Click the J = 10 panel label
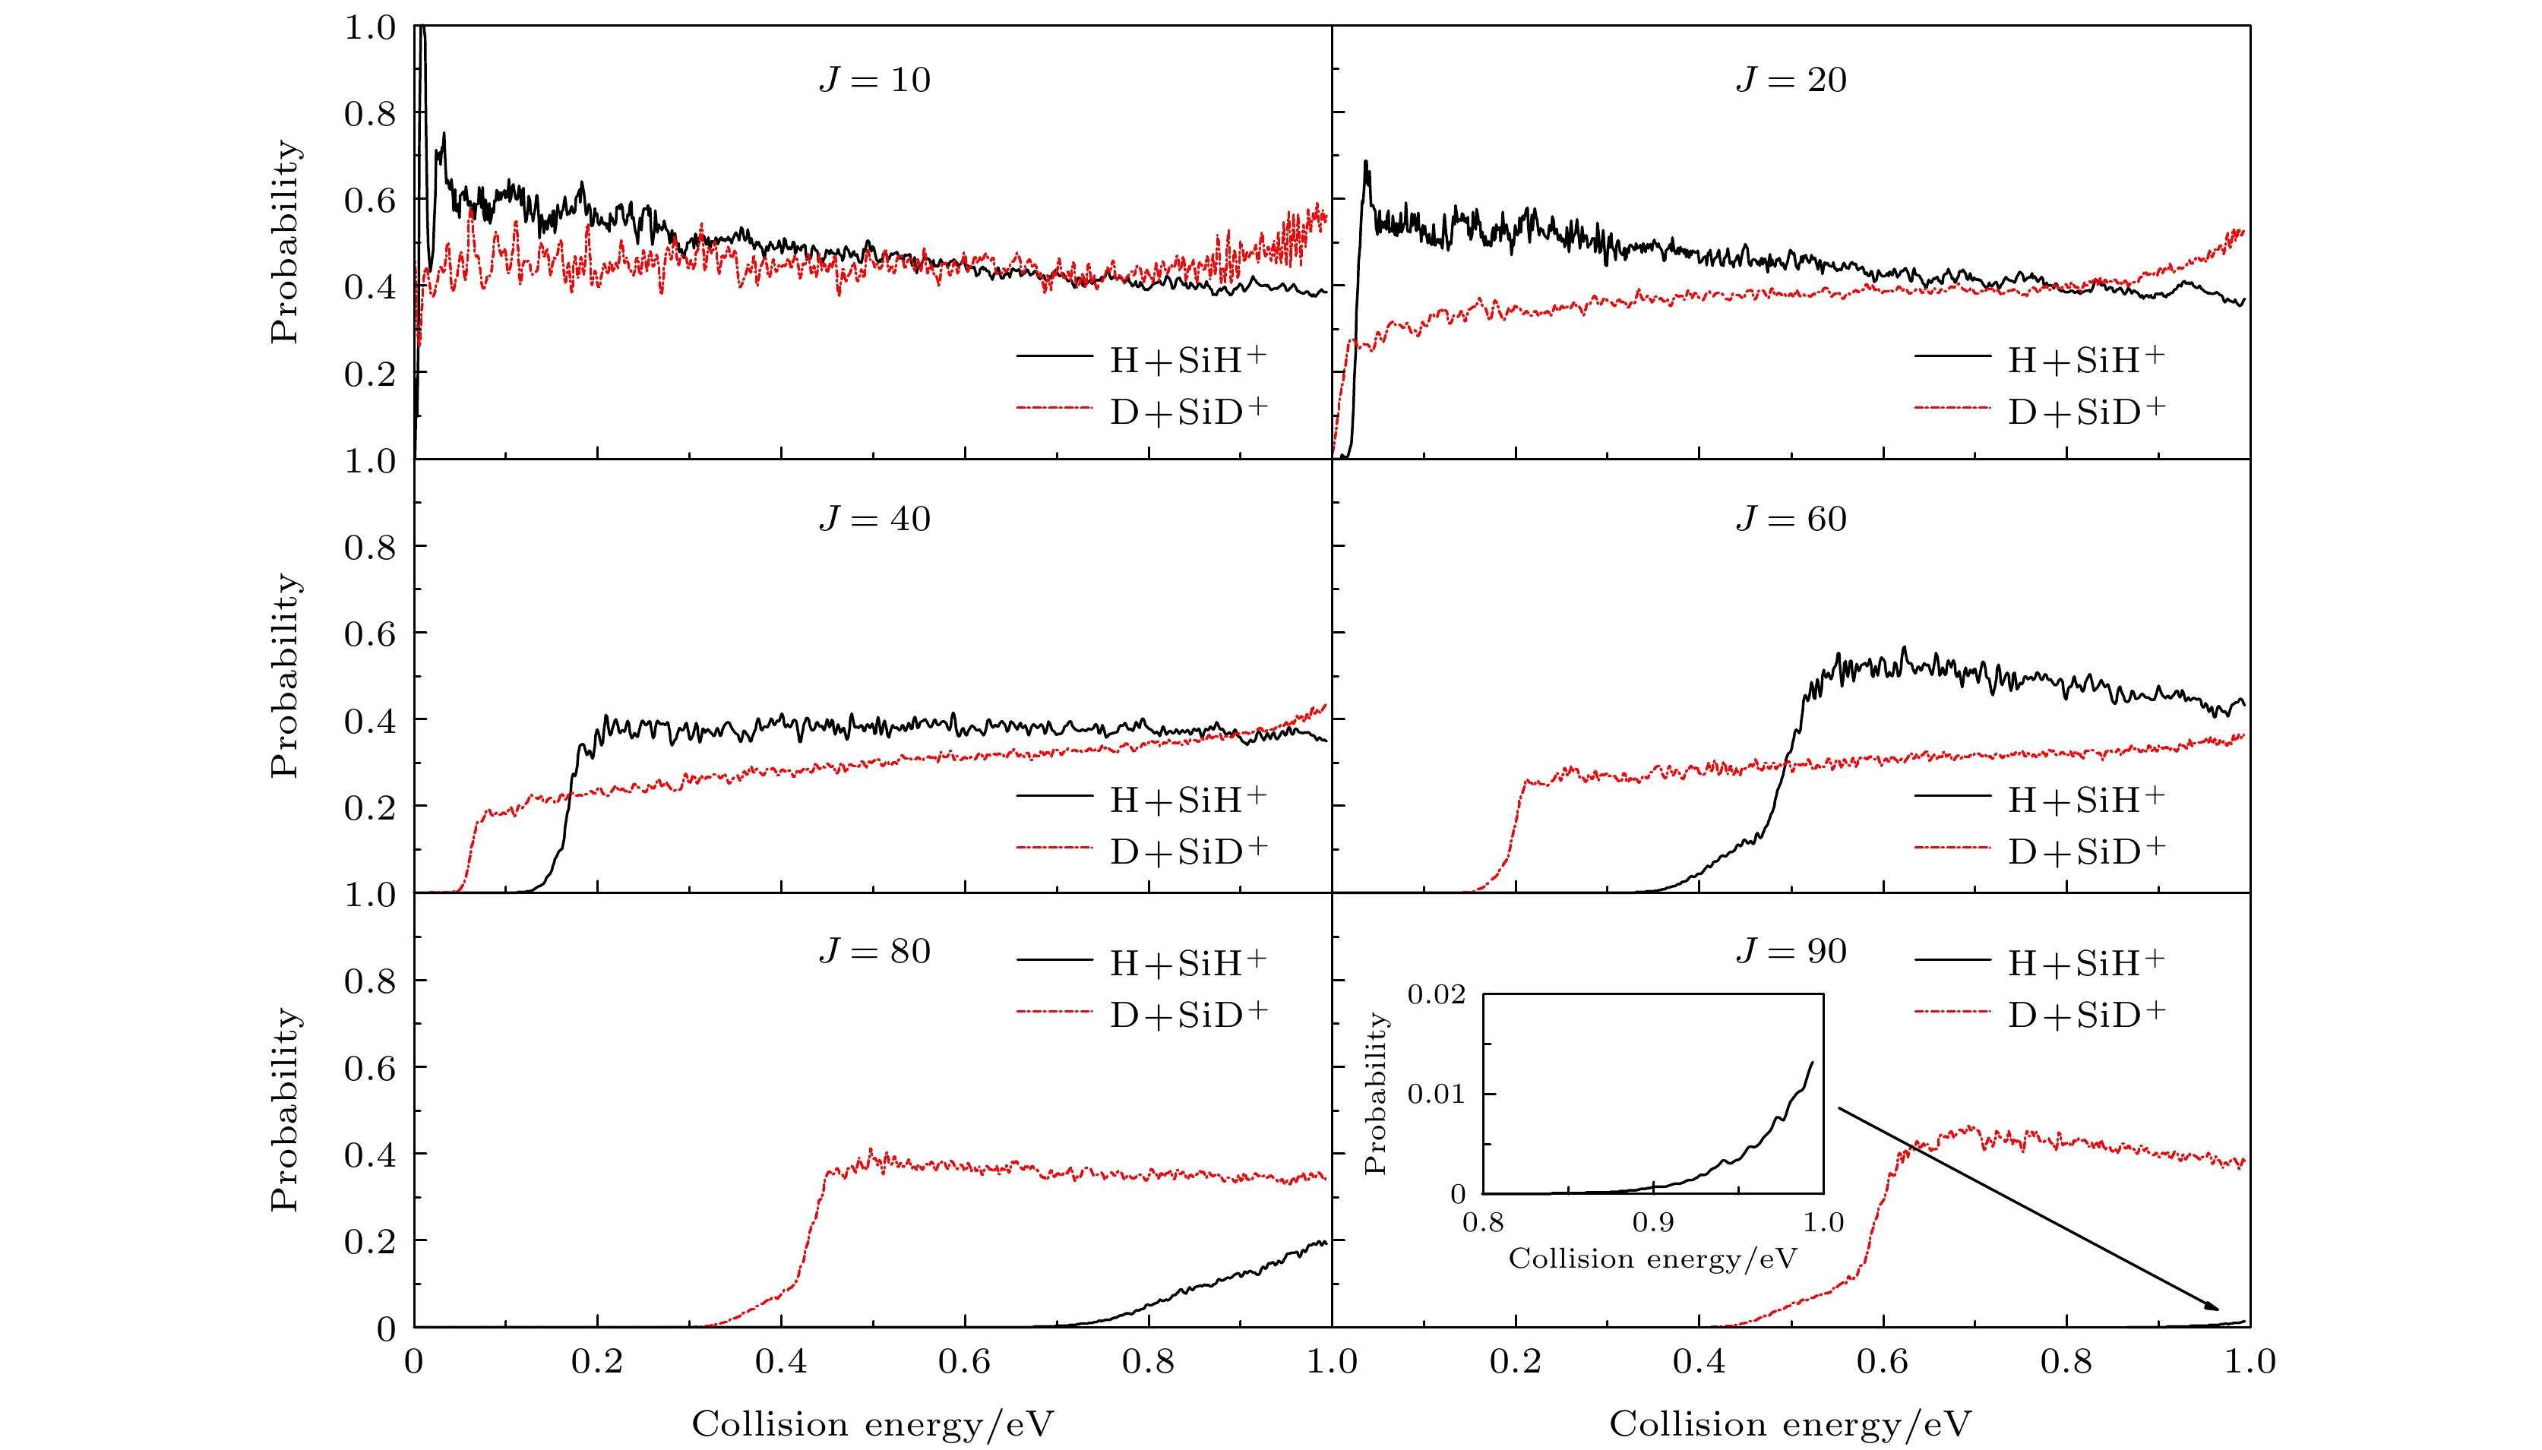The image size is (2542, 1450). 874,80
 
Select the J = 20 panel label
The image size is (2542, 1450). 1791,80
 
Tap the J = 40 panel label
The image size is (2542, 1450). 874,519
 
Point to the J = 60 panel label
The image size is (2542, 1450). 1791,519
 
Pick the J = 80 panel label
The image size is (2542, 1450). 874,951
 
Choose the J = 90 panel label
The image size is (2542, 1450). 1791,951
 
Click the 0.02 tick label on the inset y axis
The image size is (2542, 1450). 1435,994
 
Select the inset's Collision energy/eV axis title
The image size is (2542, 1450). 1652,1259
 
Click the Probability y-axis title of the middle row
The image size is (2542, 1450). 285,675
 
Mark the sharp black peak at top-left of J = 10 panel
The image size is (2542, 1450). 422,30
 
